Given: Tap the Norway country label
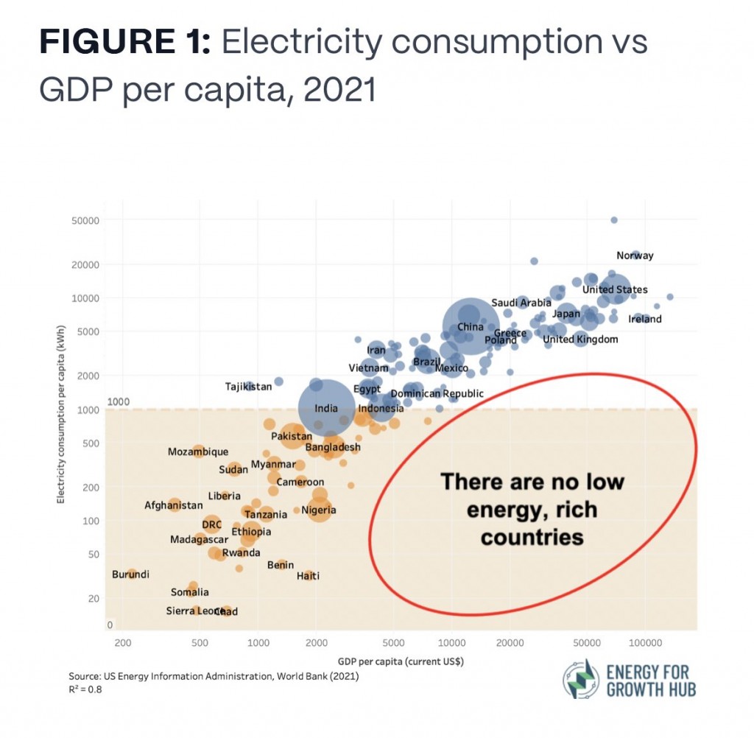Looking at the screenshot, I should [635, 256].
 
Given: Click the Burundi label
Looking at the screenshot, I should [130, 574].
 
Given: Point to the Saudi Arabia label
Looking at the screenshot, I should [521, 303].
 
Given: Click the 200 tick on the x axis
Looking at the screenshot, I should [123, 642].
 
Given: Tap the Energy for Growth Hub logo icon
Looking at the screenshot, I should [582, 679].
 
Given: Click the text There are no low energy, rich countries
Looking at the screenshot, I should [532, 510].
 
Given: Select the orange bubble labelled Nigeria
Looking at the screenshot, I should [319, 509].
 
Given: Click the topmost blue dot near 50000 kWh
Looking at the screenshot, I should [614, 220].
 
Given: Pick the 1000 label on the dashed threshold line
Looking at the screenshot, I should [119, 402].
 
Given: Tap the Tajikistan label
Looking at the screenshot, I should [248, 386].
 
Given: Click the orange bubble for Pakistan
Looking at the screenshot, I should [292, 436].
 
